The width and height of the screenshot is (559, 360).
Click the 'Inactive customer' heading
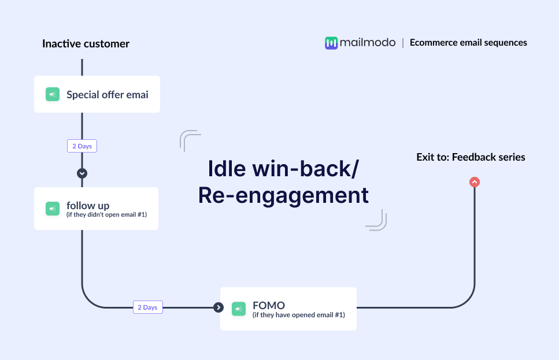(86, 44)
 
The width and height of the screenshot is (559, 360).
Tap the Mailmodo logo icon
(331, 43)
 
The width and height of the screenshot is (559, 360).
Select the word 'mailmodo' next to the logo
(368, 42)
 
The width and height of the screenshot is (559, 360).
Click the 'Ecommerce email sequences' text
(468, 42)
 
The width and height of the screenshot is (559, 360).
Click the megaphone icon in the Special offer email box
(53, 94)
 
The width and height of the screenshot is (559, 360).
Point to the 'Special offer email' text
(108, 95)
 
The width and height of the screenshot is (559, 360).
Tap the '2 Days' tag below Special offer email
(82, 146)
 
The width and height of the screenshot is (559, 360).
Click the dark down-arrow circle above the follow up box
(82, 173)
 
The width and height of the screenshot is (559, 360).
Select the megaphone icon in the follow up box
(53, 209)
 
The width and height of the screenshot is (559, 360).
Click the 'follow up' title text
(88, 205)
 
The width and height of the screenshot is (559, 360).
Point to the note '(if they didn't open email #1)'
(107, 215)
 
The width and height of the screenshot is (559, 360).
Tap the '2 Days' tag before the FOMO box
(147, 307)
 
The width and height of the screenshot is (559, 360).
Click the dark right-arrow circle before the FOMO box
(218, 307)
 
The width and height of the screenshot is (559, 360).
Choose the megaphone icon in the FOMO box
(239, 309)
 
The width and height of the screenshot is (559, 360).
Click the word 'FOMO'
(269, 305)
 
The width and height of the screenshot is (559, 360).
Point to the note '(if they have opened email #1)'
(298, 315)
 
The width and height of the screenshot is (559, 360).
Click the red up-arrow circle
(475, 182)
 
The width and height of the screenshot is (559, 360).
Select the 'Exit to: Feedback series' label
(471, 157)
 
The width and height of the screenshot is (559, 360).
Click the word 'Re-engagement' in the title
(283, 195)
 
